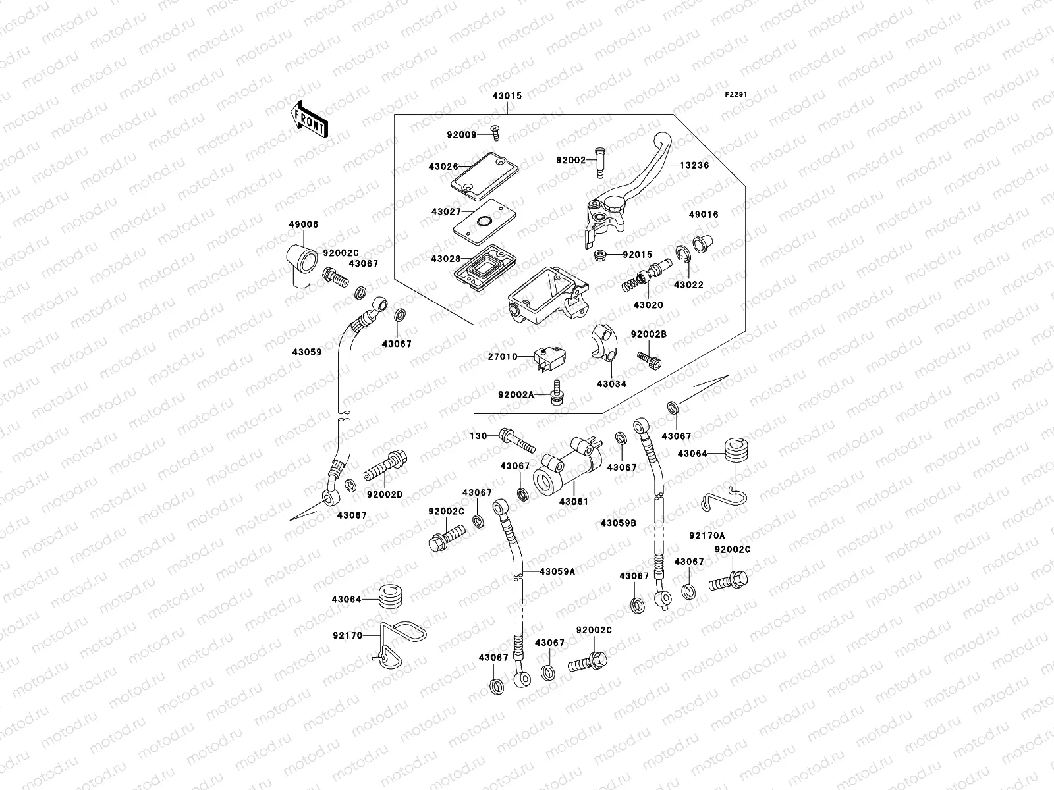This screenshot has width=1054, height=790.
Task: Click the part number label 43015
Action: click(506, 96)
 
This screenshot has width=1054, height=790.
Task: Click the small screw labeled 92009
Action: click(496, 134)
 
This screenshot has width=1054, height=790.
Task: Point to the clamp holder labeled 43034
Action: click(603, 343)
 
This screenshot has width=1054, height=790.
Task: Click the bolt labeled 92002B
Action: click(649, 359)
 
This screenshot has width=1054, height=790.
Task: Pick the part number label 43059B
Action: click(618, 523)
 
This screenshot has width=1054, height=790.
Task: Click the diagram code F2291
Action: click(736, 95)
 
